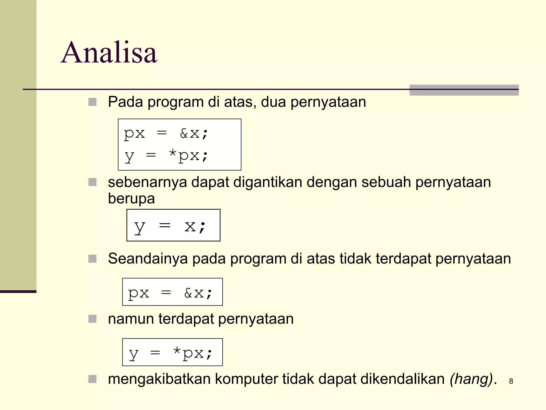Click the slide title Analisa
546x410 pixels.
109,53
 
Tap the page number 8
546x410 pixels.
511,381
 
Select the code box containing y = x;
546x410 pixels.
173,225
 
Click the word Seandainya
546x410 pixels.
148,259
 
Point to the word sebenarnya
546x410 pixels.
147,182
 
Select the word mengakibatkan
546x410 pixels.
159,379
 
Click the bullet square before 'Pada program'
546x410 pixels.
92,102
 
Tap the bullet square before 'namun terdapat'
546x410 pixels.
92,319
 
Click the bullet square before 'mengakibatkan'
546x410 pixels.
92,379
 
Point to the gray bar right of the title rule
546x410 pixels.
464,90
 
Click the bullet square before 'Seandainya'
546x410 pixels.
92,259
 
